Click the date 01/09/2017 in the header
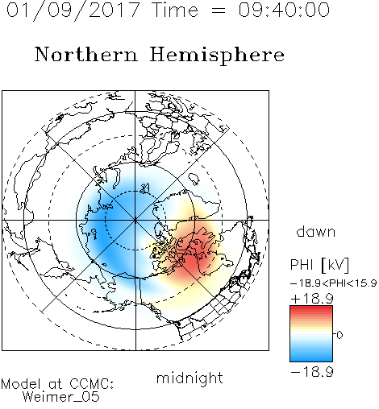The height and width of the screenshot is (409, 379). coord(73,10)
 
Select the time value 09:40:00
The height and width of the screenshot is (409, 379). coord(284,10)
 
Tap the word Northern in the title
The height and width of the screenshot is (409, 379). coord(86,54)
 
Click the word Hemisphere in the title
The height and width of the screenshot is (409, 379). coord(217,56)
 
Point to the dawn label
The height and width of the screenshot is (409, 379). coord(316,231)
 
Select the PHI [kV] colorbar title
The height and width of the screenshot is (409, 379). coord(319,265)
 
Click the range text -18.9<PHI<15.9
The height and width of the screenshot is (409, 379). coord(334,283)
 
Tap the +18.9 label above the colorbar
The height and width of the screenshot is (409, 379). coord(312,299)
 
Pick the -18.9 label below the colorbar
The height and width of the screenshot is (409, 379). coord(312,372)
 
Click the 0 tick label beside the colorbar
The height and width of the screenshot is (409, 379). coord(339,335)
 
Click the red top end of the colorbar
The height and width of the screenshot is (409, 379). coord(311,308)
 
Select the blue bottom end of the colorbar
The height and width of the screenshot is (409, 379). coord(311,359)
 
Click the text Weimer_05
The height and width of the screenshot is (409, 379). coord(61,397)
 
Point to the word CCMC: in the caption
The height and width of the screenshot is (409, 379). coord(92,384)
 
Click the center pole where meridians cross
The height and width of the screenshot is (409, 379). coord(135,220)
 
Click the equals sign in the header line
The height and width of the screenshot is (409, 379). coord(218,10)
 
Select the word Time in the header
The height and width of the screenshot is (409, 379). coord(175,10)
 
